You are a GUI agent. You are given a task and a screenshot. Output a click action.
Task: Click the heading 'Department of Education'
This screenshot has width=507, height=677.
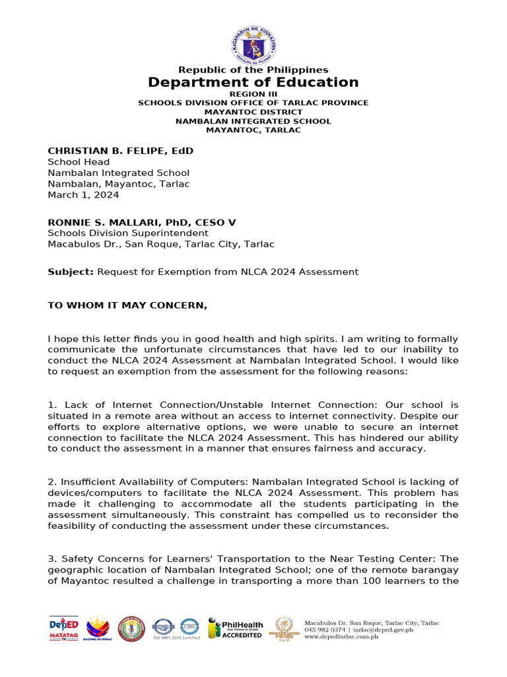(x=253, y=82)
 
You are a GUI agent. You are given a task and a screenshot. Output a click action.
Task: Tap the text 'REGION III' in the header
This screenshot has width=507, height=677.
(x=253, y=95)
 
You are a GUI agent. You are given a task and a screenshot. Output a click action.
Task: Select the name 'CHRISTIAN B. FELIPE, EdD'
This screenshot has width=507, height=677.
(x=120, y=151)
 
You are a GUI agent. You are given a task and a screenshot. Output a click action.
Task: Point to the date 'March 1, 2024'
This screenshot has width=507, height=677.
(x=83, y=195)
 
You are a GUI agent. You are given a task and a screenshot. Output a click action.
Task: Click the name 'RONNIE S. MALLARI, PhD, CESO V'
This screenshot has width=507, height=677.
(x=141, y=222)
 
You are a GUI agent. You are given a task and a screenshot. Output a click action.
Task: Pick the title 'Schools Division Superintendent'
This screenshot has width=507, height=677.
(x=127, y=233)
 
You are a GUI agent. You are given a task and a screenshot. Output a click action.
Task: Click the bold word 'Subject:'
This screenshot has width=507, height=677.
(x=71, y=272)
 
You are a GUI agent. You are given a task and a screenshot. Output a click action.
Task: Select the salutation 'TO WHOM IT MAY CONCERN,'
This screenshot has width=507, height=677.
(x=127, y=305)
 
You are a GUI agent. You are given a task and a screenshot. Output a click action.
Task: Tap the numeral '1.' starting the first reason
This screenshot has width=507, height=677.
(x=51, y=405)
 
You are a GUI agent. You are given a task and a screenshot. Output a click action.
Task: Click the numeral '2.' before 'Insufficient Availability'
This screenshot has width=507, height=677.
(x=51, y=482)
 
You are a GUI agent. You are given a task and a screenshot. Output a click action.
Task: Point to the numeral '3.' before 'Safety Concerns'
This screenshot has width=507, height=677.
(x=51, y=559)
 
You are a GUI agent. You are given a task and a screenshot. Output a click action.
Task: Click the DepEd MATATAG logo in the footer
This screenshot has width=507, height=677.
(x=64, y=629)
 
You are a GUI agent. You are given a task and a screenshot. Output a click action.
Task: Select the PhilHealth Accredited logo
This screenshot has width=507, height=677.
(x=236, y=629)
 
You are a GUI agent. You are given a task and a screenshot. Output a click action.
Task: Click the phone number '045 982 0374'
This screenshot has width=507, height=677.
(x=325, y=630)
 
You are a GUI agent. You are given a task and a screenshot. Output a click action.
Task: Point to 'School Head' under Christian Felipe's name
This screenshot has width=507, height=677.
(x=79, y=162)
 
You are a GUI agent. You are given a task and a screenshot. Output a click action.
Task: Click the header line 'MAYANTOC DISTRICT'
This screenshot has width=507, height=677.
(x=253, y=112)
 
